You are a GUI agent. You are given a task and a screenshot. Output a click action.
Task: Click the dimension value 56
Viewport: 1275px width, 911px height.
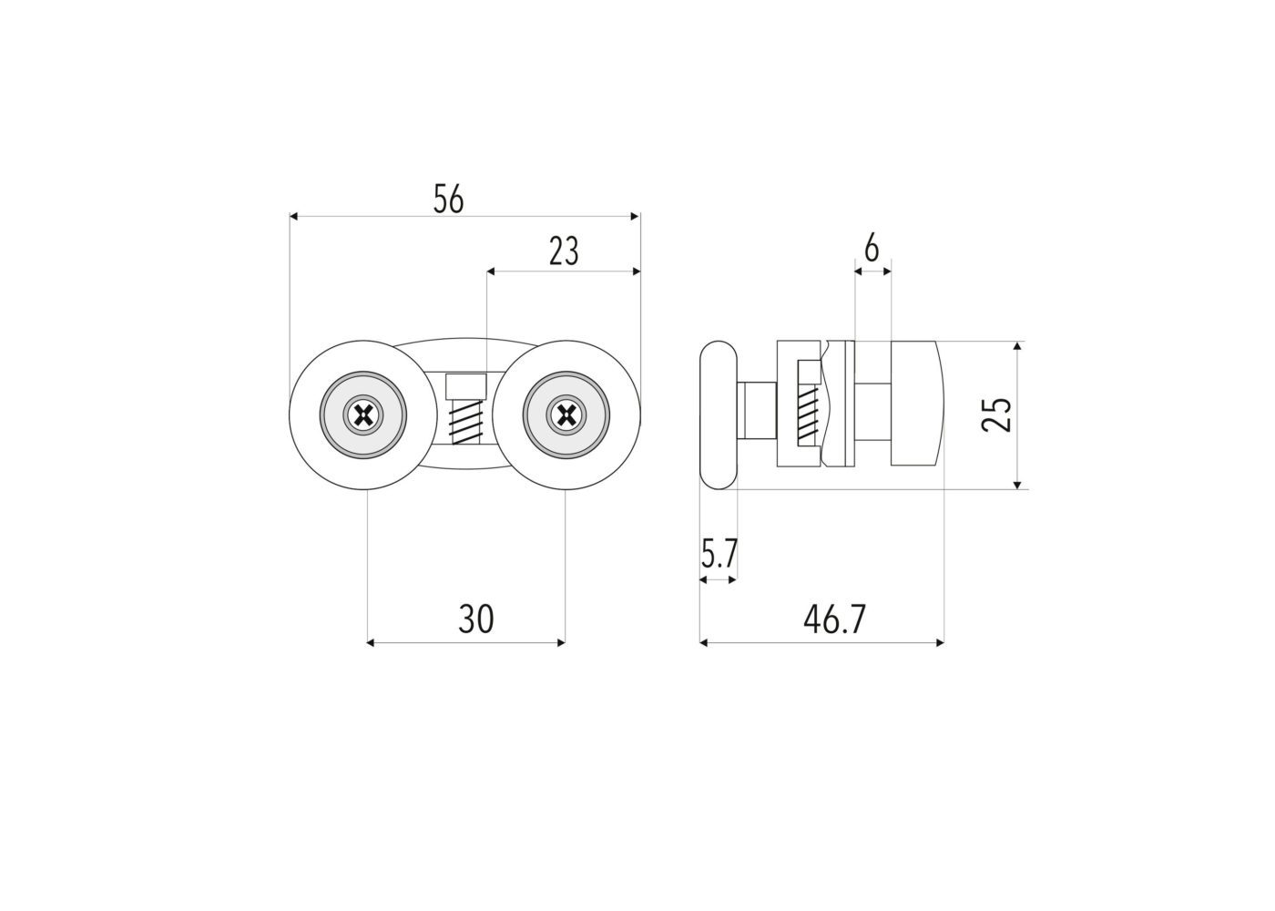(448, 199)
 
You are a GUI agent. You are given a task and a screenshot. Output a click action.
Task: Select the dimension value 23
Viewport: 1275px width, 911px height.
(564, 251)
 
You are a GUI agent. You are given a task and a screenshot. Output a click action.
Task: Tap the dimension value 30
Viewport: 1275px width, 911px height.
(475, 619)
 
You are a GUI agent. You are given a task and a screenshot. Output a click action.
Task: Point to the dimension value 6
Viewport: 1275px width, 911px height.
(872, 248)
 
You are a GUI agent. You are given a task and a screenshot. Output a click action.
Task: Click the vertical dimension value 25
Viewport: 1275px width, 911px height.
(996, 415)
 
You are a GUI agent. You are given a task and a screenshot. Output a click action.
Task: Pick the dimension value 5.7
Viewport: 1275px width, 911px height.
(719, 554)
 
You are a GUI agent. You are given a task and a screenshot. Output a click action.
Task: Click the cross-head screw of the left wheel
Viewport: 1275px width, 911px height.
(362, 415)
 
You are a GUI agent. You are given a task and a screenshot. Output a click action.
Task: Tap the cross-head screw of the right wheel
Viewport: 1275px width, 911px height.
(566, 415)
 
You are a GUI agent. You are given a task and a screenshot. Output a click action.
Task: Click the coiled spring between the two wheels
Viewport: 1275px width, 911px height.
(465, 423)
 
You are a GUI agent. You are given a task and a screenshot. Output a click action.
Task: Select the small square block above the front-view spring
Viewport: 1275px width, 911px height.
(465, 386)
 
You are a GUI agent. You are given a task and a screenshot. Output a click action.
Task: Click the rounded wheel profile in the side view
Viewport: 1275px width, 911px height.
(719, 415)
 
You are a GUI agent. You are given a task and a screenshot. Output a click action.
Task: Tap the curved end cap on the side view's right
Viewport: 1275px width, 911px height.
(916, 403)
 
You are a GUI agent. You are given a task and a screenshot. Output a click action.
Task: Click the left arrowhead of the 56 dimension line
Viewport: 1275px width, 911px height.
(293, 217)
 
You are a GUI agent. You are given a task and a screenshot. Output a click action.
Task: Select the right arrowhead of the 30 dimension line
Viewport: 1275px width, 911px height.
(561, 643)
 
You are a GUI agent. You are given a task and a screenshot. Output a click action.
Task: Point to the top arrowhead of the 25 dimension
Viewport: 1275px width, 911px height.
(1018, 346)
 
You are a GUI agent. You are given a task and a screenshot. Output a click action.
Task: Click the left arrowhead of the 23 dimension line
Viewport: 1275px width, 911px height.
(491, 271)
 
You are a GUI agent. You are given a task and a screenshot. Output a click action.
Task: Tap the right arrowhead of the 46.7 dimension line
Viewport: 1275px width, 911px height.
(940, 643)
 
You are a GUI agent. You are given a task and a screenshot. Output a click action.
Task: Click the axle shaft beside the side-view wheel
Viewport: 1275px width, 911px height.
(757, 411)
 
